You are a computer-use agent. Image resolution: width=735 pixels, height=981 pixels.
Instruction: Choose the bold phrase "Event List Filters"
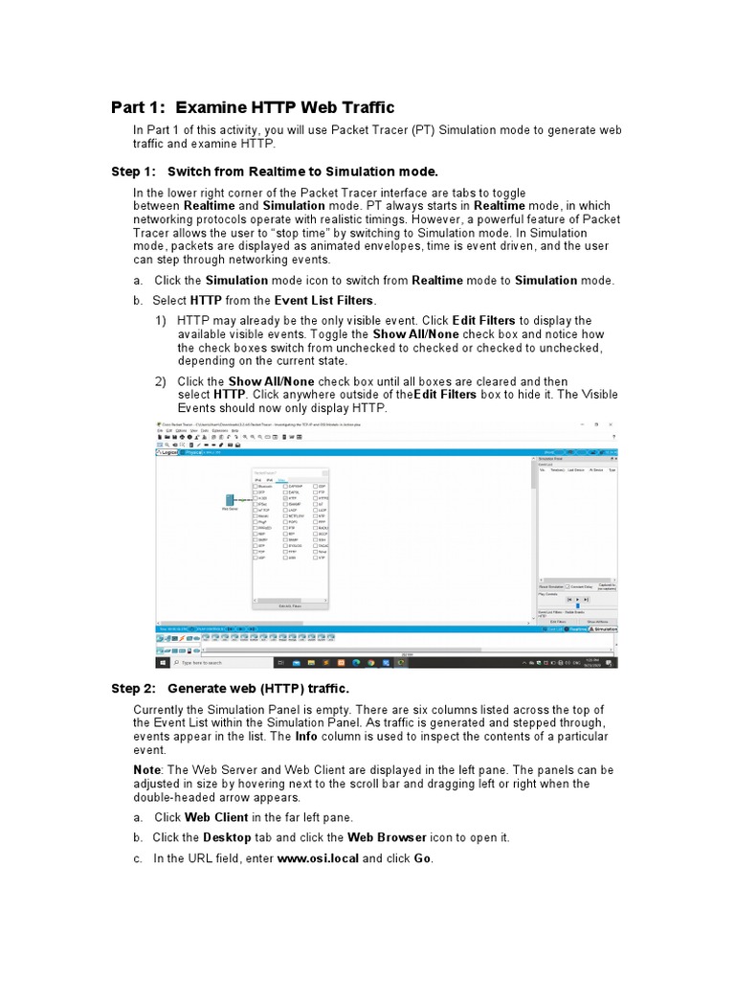tap(323, 301)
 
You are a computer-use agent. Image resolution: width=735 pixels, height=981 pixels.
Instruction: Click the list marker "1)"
tap(161, 320)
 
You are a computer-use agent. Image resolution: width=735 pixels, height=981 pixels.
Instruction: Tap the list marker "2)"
tap(161, 381)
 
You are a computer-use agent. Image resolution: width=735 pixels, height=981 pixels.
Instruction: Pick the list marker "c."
tap(139, 858)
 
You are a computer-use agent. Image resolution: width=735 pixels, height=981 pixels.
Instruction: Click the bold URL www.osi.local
tap(318, 858)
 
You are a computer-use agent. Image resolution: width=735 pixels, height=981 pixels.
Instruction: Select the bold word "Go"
tap(422, 858)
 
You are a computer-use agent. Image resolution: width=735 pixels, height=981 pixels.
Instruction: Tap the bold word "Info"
tap(306, 736)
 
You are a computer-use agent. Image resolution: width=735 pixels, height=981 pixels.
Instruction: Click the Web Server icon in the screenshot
tap(230, 500)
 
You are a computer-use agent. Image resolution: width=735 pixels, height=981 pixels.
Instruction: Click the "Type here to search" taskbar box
tap(205, 662)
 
